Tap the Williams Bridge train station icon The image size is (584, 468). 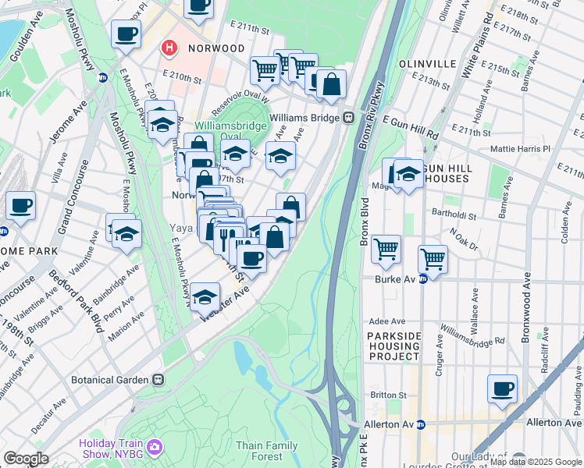pyautogui.click(x=349, y=118)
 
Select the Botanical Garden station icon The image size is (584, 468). pyautogui.click(x=158, y=379)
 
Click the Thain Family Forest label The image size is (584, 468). pyautogui.click(x=268, y=451)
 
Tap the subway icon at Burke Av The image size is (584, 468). pyautogui.click(x=422, y=278)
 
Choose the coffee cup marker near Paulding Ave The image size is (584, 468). pyautogui.click(x=502, y=388)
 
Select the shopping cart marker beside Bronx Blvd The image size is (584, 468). pyautogui.click(x=386, y=249)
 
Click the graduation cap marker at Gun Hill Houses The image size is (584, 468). pyautogui.click(x=408, y=174)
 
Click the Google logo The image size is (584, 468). pyautogui.click(x=26, y=459)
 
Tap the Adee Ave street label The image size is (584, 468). pyautogui.click(x=387, y=321)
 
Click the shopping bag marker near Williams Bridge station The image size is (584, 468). pyautogui.click(x=331, y=83)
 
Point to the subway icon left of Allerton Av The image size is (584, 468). pyautogui.click(x=420, y=425)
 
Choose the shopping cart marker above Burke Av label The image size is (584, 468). pyautogui.click(x=433, y=259)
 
